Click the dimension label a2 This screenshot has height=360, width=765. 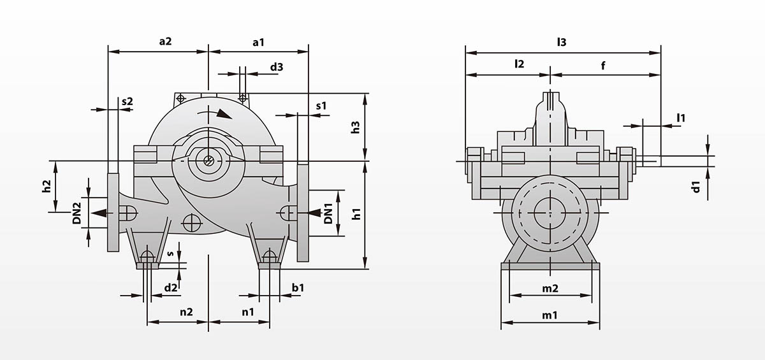click(165, 41)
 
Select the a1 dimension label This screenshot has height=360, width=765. click(258, 42)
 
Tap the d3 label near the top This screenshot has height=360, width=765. click(276, 66)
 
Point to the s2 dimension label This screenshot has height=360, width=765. click(127, 101)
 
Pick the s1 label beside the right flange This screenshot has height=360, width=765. click(321, 106)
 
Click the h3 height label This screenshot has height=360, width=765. click(356, 127)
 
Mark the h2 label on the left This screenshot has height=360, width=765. click(46, 186)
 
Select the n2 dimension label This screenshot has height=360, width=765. click(186, 312)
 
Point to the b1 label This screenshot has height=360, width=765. click(298, 287)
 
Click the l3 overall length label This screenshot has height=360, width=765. click(561, 42)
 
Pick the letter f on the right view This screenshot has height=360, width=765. click(603, 64)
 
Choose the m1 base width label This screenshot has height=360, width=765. click(550, 315)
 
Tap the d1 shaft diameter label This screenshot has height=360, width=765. click(696, 187)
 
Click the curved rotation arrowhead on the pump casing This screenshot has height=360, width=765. click(224, 114)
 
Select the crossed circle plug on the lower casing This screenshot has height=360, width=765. click(191, 222)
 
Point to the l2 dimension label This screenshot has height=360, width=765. click(519, 64)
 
